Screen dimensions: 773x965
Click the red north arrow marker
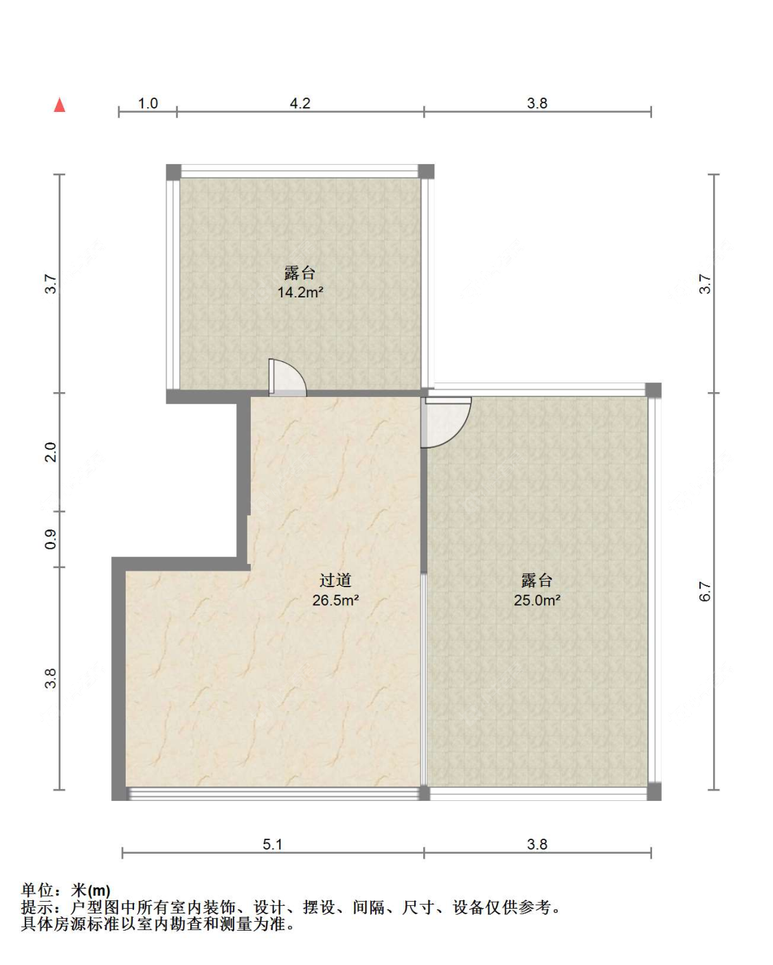click(60, 105)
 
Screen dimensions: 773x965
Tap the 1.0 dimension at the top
click(148, 104)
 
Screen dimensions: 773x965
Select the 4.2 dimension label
click(300, 104)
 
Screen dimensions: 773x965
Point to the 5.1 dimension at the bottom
click(272, 845)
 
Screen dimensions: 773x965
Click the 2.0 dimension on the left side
click(51, 452)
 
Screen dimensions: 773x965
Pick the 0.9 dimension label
click(51, 539)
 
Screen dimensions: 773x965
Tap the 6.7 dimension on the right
click(705, 591)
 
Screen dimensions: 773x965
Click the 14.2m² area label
click(300, 293)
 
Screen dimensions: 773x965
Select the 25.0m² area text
click(537, 600)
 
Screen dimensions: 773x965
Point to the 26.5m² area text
click(335, 600)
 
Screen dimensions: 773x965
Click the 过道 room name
click(335, 580)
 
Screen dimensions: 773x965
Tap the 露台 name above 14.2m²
click(300, 273)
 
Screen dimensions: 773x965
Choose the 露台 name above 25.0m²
click(537, 580)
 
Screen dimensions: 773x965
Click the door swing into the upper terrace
click(288, 378)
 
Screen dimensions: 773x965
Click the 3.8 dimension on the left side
click(51, 679)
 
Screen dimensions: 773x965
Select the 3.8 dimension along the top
click(537, 104)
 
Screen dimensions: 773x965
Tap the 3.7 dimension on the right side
click(705, 284)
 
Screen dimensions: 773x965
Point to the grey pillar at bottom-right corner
click(654, 791)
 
